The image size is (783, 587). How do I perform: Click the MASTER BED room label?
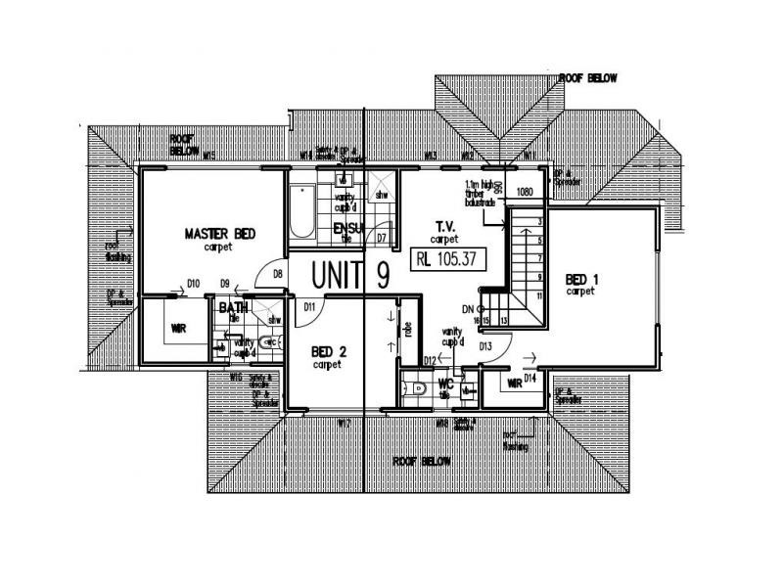pyautogui.click(x=220, y=234)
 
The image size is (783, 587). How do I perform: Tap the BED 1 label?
pyautogui.click(x=581, y=279)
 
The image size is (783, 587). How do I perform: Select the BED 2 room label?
pyautogui.click(x=327, y=352)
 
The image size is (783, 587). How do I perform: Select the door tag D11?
pyautogui.click(x=309, y=307)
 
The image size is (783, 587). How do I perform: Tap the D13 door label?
pyautogui.click(x=484, y=345)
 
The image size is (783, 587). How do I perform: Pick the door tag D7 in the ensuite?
pyautogui.click(x=382, y=238)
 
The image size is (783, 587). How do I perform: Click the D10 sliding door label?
pyautogui.click(x=194, y=284)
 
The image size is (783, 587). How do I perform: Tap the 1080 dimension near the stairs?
pyautogui.click(x=525, y=192)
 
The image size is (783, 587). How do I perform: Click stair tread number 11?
pyautogui.click(x=539, y=293)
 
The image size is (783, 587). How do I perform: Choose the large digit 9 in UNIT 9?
pyautogui.click(x=382, y=276)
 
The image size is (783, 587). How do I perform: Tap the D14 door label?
pyautogui.click(x=529, y=377)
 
